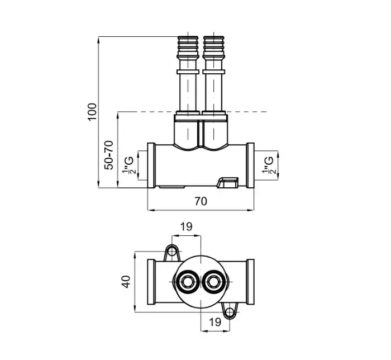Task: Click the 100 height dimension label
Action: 92,111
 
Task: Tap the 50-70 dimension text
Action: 109,155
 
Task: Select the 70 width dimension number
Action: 201,201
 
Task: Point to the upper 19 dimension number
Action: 186,227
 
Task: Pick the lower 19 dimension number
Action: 215,322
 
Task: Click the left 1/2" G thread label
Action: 129,165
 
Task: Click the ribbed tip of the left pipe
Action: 188,46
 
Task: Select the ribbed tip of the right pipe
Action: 213,46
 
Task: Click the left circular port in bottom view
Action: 187,282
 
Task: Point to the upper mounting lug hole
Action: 172,252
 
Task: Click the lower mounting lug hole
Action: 230,311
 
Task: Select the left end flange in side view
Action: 151,165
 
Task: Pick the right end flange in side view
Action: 250,165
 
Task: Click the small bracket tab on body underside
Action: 228,182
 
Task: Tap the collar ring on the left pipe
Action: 188,72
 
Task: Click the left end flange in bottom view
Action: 151,282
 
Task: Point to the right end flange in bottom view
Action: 250,282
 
